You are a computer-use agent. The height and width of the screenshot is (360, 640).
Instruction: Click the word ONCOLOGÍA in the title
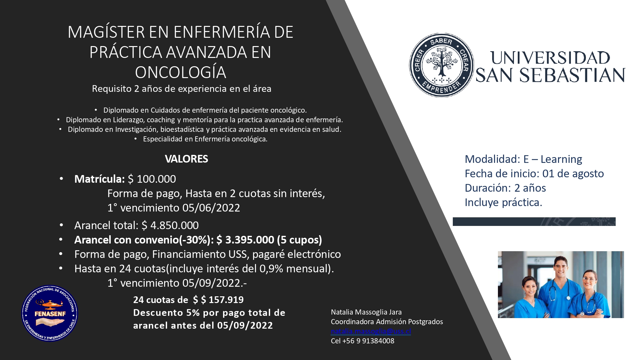coord(180,72)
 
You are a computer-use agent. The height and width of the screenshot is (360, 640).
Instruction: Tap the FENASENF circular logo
coord(50,313)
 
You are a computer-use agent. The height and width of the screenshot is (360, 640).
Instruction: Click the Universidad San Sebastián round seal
coord(441,65)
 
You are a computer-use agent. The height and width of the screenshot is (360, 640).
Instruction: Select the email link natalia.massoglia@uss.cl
coord(371,331)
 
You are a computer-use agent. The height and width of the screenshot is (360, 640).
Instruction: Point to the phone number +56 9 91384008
coord(368,341)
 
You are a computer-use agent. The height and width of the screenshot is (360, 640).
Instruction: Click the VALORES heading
coord(186,159)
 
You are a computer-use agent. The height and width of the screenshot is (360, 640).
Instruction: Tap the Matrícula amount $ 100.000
coord(152,179)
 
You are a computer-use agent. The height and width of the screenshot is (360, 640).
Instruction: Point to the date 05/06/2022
coord(211,208)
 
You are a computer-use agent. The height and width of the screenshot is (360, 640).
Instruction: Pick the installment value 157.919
coord(226,300)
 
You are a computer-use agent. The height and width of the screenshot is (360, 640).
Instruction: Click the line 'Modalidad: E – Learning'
coord(523,159)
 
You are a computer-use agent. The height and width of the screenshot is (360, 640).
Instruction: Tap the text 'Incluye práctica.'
coord(503,202)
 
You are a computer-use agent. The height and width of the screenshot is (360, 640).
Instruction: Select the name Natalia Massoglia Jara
coord(366,312)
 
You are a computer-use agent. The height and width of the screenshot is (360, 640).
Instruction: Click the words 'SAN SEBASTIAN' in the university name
coord(550,76)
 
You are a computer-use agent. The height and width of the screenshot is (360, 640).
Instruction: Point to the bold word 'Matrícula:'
coord(99,179)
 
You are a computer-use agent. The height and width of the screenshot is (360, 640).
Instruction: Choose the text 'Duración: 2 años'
coord(505,188)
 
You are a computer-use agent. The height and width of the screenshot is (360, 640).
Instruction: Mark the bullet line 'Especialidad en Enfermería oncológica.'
coord(205,139)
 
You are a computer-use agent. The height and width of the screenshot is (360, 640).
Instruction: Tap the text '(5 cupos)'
coord(300,240)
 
